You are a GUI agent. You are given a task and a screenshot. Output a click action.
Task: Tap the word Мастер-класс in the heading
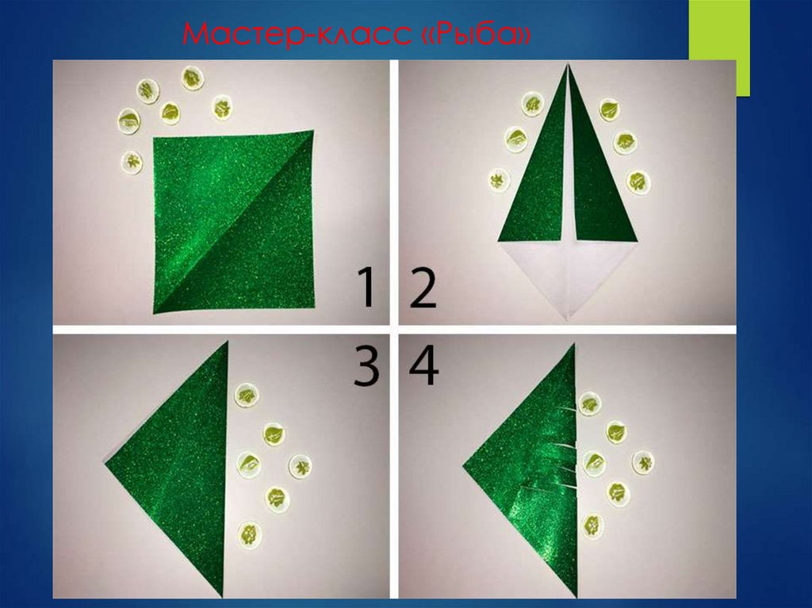coord(299,34)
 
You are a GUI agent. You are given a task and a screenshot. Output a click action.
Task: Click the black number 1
coord(366,288)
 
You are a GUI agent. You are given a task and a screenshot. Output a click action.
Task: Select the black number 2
coord(423,288)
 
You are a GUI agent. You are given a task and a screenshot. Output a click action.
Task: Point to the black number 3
coord(366,366)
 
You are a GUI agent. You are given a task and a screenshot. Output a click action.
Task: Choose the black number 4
coord(423,366)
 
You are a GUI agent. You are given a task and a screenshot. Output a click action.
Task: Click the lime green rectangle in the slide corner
coord(718,48)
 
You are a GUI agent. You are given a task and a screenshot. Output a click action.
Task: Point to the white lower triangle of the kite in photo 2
coord(568,274)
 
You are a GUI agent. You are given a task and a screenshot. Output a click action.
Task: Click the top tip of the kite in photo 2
coord(569,65)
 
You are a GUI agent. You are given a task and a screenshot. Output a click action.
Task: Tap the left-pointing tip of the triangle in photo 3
coord(105,463)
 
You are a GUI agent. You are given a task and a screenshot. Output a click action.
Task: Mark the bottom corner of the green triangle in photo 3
coord(223,597)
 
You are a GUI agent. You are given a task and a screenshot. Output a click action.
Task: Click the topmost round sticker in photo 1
coord(193,78)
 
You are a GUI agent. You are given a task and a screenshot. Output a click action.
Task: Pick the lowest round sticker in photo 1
coord(132,162)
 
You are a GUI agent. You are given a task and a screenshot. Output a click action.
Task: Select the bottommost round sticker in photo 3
coord(249,534)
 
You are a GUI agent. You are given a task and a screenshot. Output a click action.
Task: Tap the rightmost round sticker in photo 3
coord(300,465)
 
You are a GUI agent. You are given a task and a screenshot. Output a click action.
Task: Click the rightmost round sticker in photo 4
coord(642,461)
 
